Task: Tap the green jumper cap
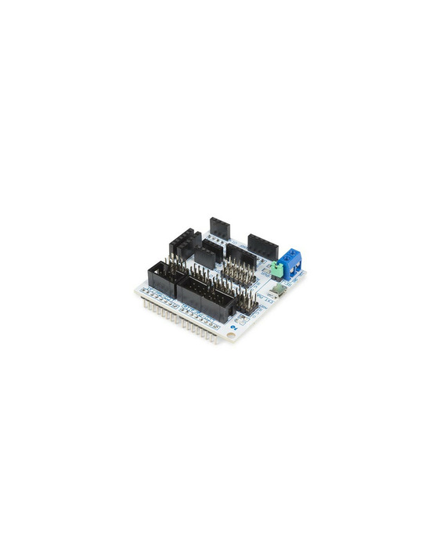[x=276, y=268]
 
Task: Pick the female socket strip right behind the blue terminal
[x=262, y=244]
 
